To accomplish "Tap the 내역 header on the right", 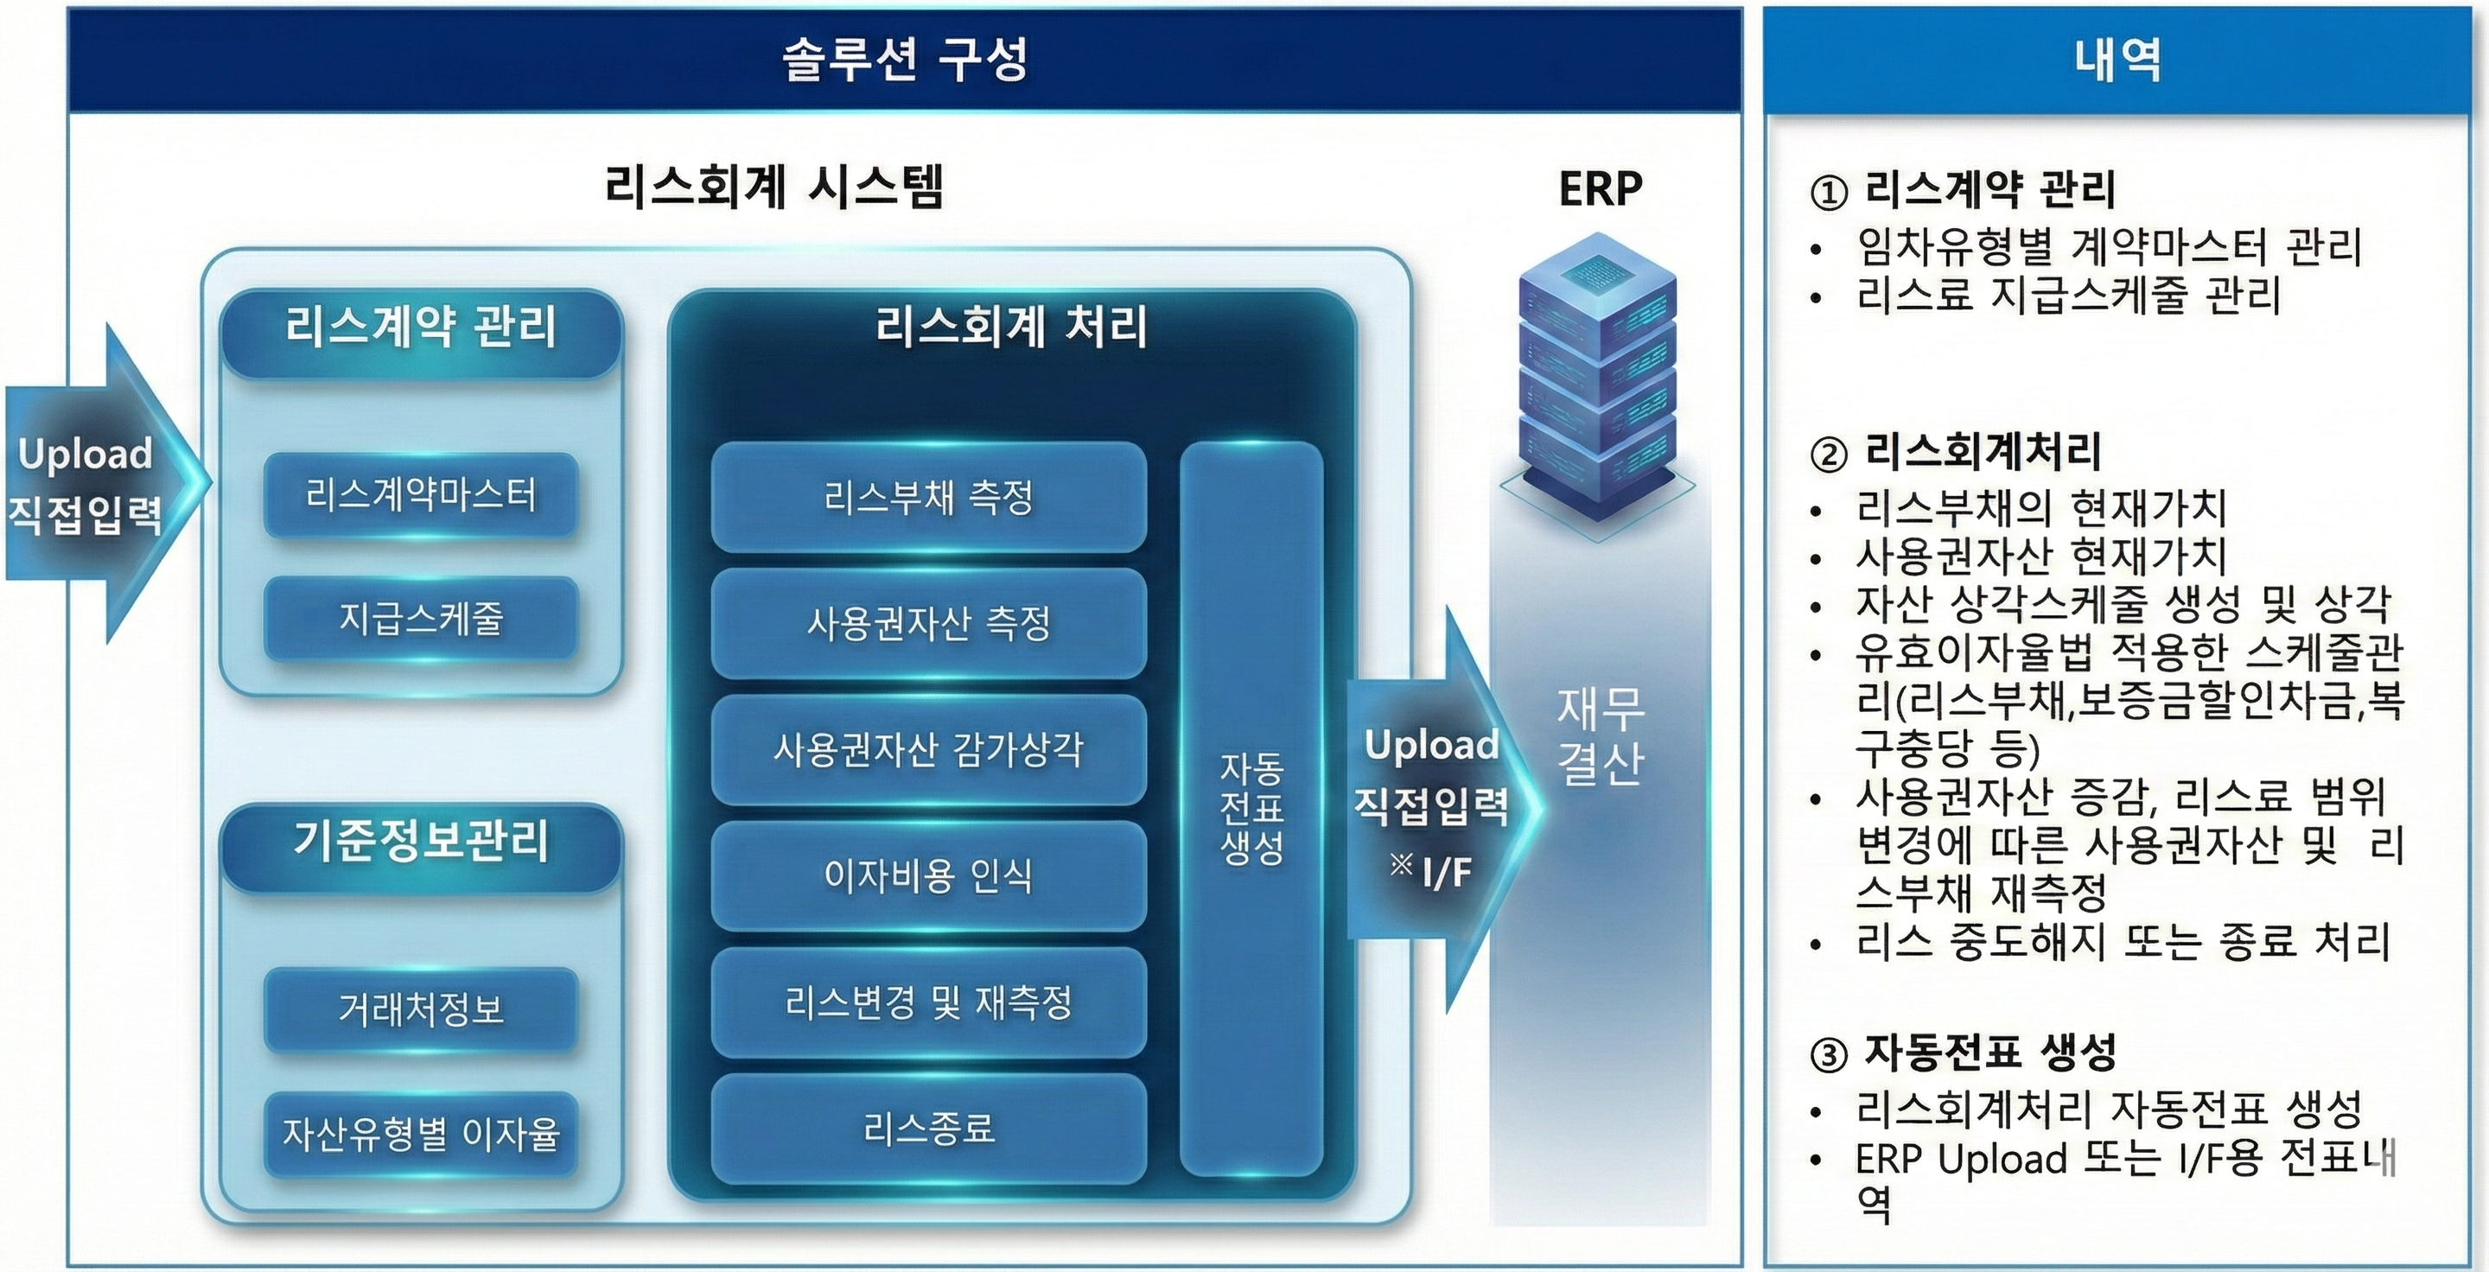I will [2116, 60].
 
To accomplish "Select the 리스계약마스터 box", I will [420, 495].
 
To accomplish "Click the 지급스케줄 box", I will [420, 618].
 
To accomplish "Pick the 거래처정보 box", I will [420, 1009].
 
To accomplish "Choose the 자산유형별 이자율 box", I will [420, 1134].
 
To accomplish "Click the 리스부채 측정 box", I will [927, 498].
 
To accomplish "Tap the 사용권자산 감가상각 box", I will [927, 749].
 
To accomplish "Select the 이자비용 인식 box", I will [927, 876].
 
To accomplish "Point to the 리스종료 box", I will [927, 1128].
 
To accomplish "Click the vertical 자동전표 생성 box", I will [1251, 809].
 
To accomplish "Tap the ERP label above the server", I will [1600, 188].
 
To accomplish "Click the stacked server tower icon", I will [1597, 377].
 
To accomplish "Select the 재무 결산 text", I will [1600, 737].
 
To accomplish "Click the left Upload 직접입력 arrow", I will [92, 483].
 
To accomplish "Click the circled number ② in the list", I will [1827, 453].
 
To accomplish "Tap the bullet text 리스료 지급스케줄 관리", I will [2068, 296].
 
